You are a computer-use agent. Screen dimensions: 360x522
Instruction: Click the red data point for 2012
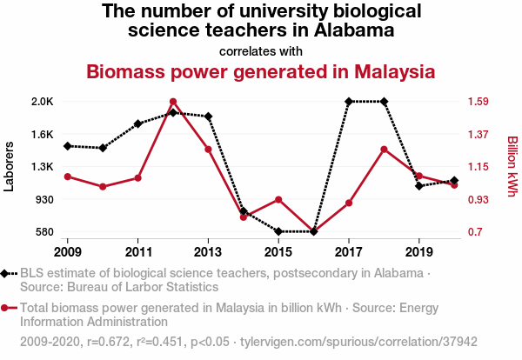click(x=173, y=102)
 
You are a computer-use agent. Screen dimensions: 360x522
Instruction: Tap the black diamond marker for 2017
click(x=349, y=102)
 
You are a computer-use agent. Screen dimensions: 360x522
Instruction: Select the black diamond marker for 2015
click(x=278, y=231)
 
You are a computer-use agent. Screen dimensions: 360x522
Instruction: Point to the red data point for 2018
click(x=384, y=150)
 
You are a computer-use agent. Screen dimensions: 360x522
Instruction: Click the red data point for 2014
click(x=244, y=217)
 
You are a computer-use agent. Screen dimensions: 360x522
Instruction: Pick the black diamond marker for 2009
click(x=68, y=146)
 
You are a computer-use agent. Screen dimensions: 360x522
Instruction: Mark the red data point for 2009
click(x=68, y=177)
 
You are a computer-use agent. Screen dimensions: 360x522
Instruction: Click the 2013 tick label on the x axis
click(x=208, y=251)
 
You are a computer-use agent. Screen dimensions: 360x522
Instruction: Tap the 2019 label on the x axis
click(x=419, y=251)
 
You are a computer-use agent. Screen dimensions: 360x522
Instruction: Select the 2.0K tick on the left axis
click(x=43, y=102)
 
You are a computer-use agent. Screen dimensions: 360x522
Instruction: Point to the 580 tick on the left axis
click(x=44, y=232)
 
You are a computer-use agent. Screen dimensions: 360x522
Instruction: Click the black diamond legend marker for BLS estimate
click(x=5, y=273)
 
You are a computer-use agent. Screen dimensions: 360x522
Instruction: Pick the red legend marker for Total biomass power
click(x=5, y=307)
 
